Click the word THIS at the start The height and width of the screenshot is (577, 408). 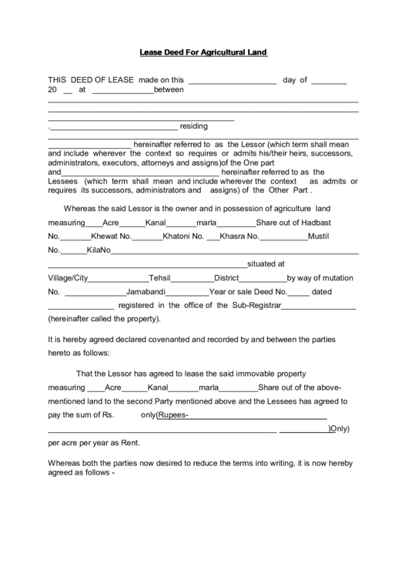pos(59,79)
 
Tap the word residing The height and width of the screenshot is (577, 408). pos(194,126)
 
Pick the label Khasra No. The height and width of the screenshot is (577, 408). pos(241,237)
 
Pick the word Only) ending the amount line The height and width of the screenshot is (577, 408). pos(339,429)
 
